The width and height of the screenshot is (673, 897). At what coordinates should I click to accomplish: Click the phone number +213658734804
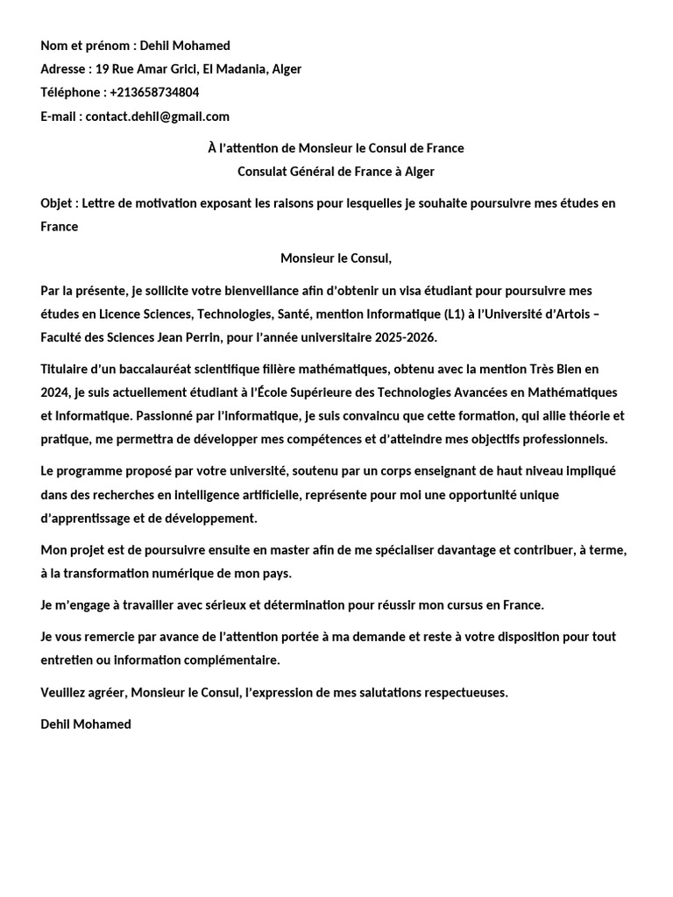coord(154,92)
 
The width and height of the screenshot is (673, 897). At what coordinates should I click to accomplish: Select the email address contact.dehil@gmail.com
coord(158,116)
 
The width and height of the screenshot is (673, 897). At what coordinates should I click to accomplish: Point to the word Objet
coord(57,203)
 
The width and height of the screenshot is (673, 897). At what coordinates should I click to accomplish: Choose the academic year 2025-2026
coord(405,337)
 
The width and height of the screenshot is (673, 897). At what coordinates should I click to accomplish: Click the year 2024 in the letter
coord(55,392)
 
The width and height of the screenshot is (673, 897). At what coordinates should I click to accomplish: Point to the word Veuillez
coord(65,692)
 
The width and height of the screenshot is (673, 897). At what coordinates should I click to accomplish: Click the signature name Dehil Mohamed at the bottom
coord(86,724)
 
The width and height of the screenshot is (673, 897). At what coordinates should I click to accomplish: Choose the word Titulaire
coord(67,369)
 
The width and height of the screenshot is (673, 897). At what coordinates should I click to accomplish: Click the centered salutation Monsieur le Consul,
coord(336,258)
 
